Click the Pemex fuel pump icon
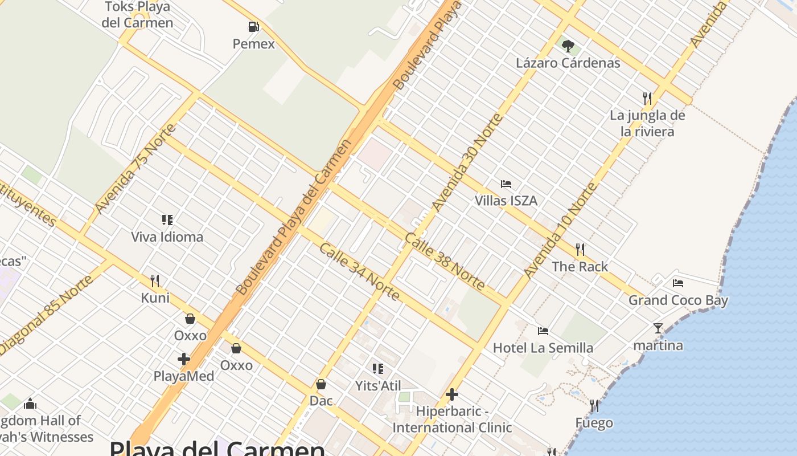click(x=253, y=27)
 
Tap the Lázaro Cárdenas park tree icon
click(x=568, y=46)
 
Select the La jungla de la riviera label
click(x=647, y=123)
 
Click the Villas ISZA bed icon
click(x=506, y=184)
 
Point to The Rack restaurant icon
click(x=580, y=250)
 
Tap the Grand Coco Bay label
click(x=678, y=300)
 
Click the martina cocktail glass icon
click(x=658, y=328)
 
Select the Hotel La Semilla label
click(x=543, y=348)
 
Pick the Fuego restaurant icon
click(x=594, y=406)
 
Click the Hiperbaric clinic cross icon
click(x=452, y=394)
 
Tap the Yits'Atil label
click(x=378, y=386)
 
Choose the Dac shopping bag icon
click(x=321, y=384)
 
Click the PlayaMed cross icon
click(x=184, y=359)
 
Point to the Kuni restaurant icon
click(x=155, y=280)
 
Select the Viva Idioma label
click(x=167, y=237)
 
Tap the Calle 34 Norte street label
click(x=359, y=272)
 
